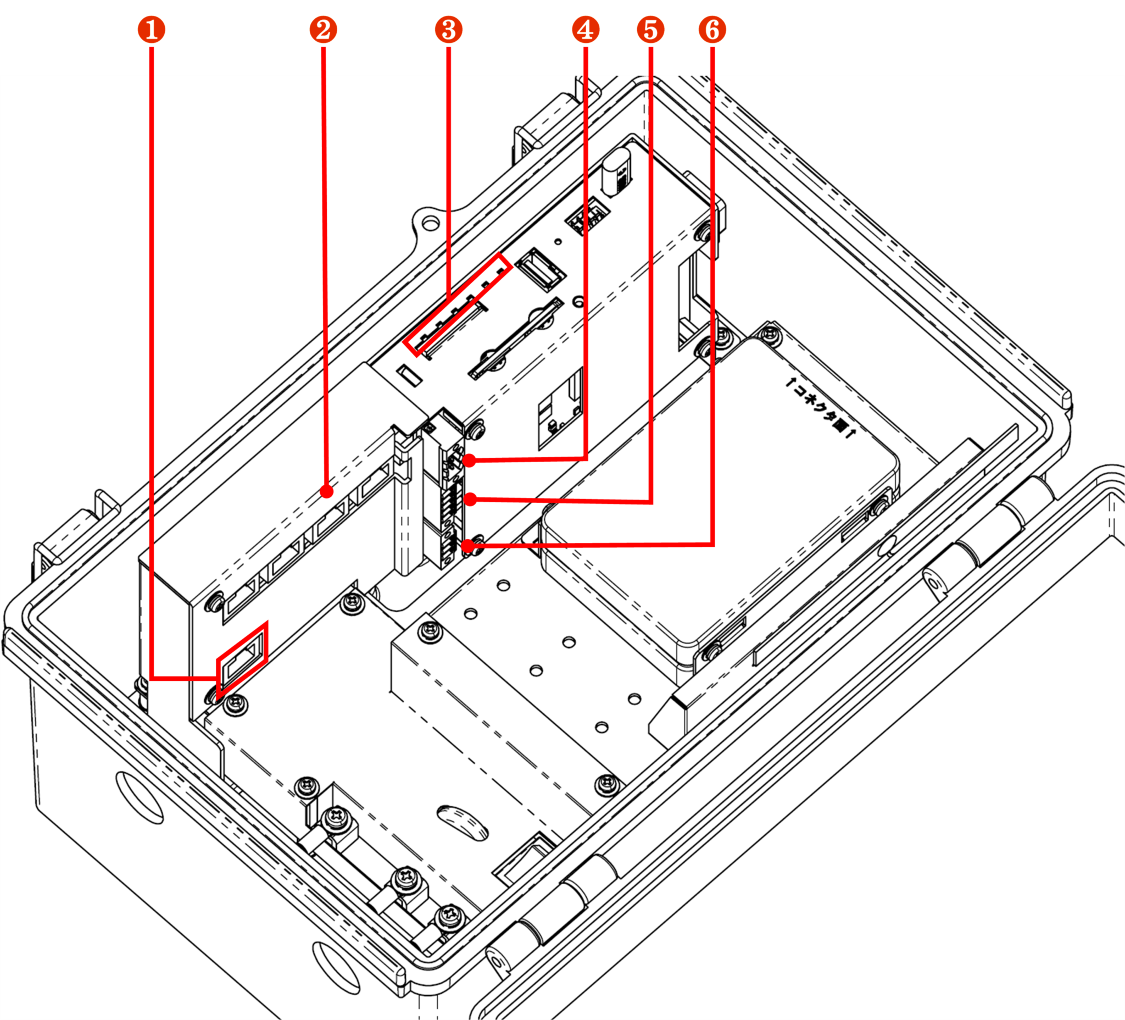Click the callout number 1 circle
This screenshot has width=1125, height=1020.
tap(151, 30)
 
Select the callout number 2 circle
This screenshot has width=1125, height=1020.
tap(323, 30)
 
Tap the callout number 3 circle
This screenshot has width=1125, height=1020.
tap(449, 30)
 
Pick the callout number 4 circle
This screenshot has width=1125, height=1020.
tap(586, 30)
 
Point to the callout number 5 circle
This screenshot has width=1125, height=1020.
tap(651, 30)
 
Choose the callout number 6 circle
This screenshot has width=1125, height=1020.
tap(712, 30)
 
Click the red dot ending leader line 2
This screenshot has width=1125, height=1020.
tap(327, 492)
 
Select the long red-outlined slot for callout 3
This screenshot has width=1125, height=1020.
tap(456, 305)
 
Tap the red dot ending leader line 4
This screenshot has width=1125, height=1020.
tap(470, 461)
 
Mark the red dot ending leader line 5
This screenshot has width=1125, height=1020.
tap(470, 499)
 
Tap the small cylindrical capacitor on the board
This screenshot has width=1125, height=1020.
tap(617, 174)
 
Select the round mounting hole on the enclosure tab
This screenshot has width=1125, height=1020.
tap(430, 224)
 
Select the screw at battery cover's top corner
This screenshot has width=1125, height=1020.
tap(771, 333)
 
